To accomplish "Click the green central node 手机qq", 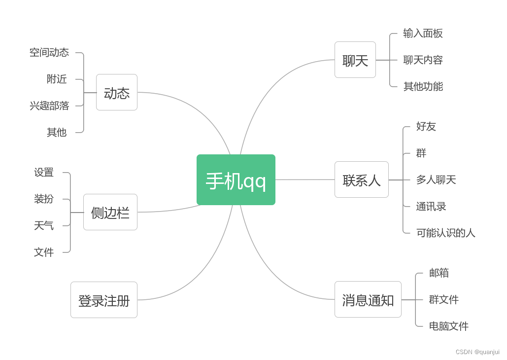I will coord(236,180).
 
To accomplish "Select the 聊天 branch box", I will coord(355,60).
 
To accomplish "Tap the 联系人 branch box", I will coord(361,180).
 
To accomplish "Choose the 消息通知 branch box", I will coord(368,300).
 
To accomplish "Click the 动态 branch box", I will coord(116,93).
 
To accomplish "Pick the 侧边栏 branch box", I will coord(110,213).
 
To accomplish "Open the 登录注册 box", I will coord(103,300).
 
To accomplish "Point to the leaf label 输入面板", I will coord(423,34).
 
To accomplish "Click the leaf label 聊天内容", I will coord(423,60).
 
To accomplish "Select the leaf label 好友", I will coord(426,127).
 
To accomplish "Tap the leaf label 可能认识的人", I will coord(445,233).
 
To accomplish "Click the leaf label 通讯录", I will coord(431,207).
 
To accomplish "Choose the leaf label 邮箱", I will coord(439,273).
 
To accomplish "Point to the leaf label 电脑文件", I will coord(448,326).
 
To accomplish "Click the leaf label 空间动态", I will coord(49,53).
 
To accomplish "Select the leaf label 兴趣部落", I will coord(49,106).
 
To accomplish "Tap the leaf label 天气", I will coord(43,226).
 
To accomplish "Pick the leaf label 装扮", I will coord(43,199).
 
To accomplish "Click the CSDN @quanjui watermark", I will coord(477,352).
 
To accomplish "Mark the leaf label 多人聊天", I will coord(436,180).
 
